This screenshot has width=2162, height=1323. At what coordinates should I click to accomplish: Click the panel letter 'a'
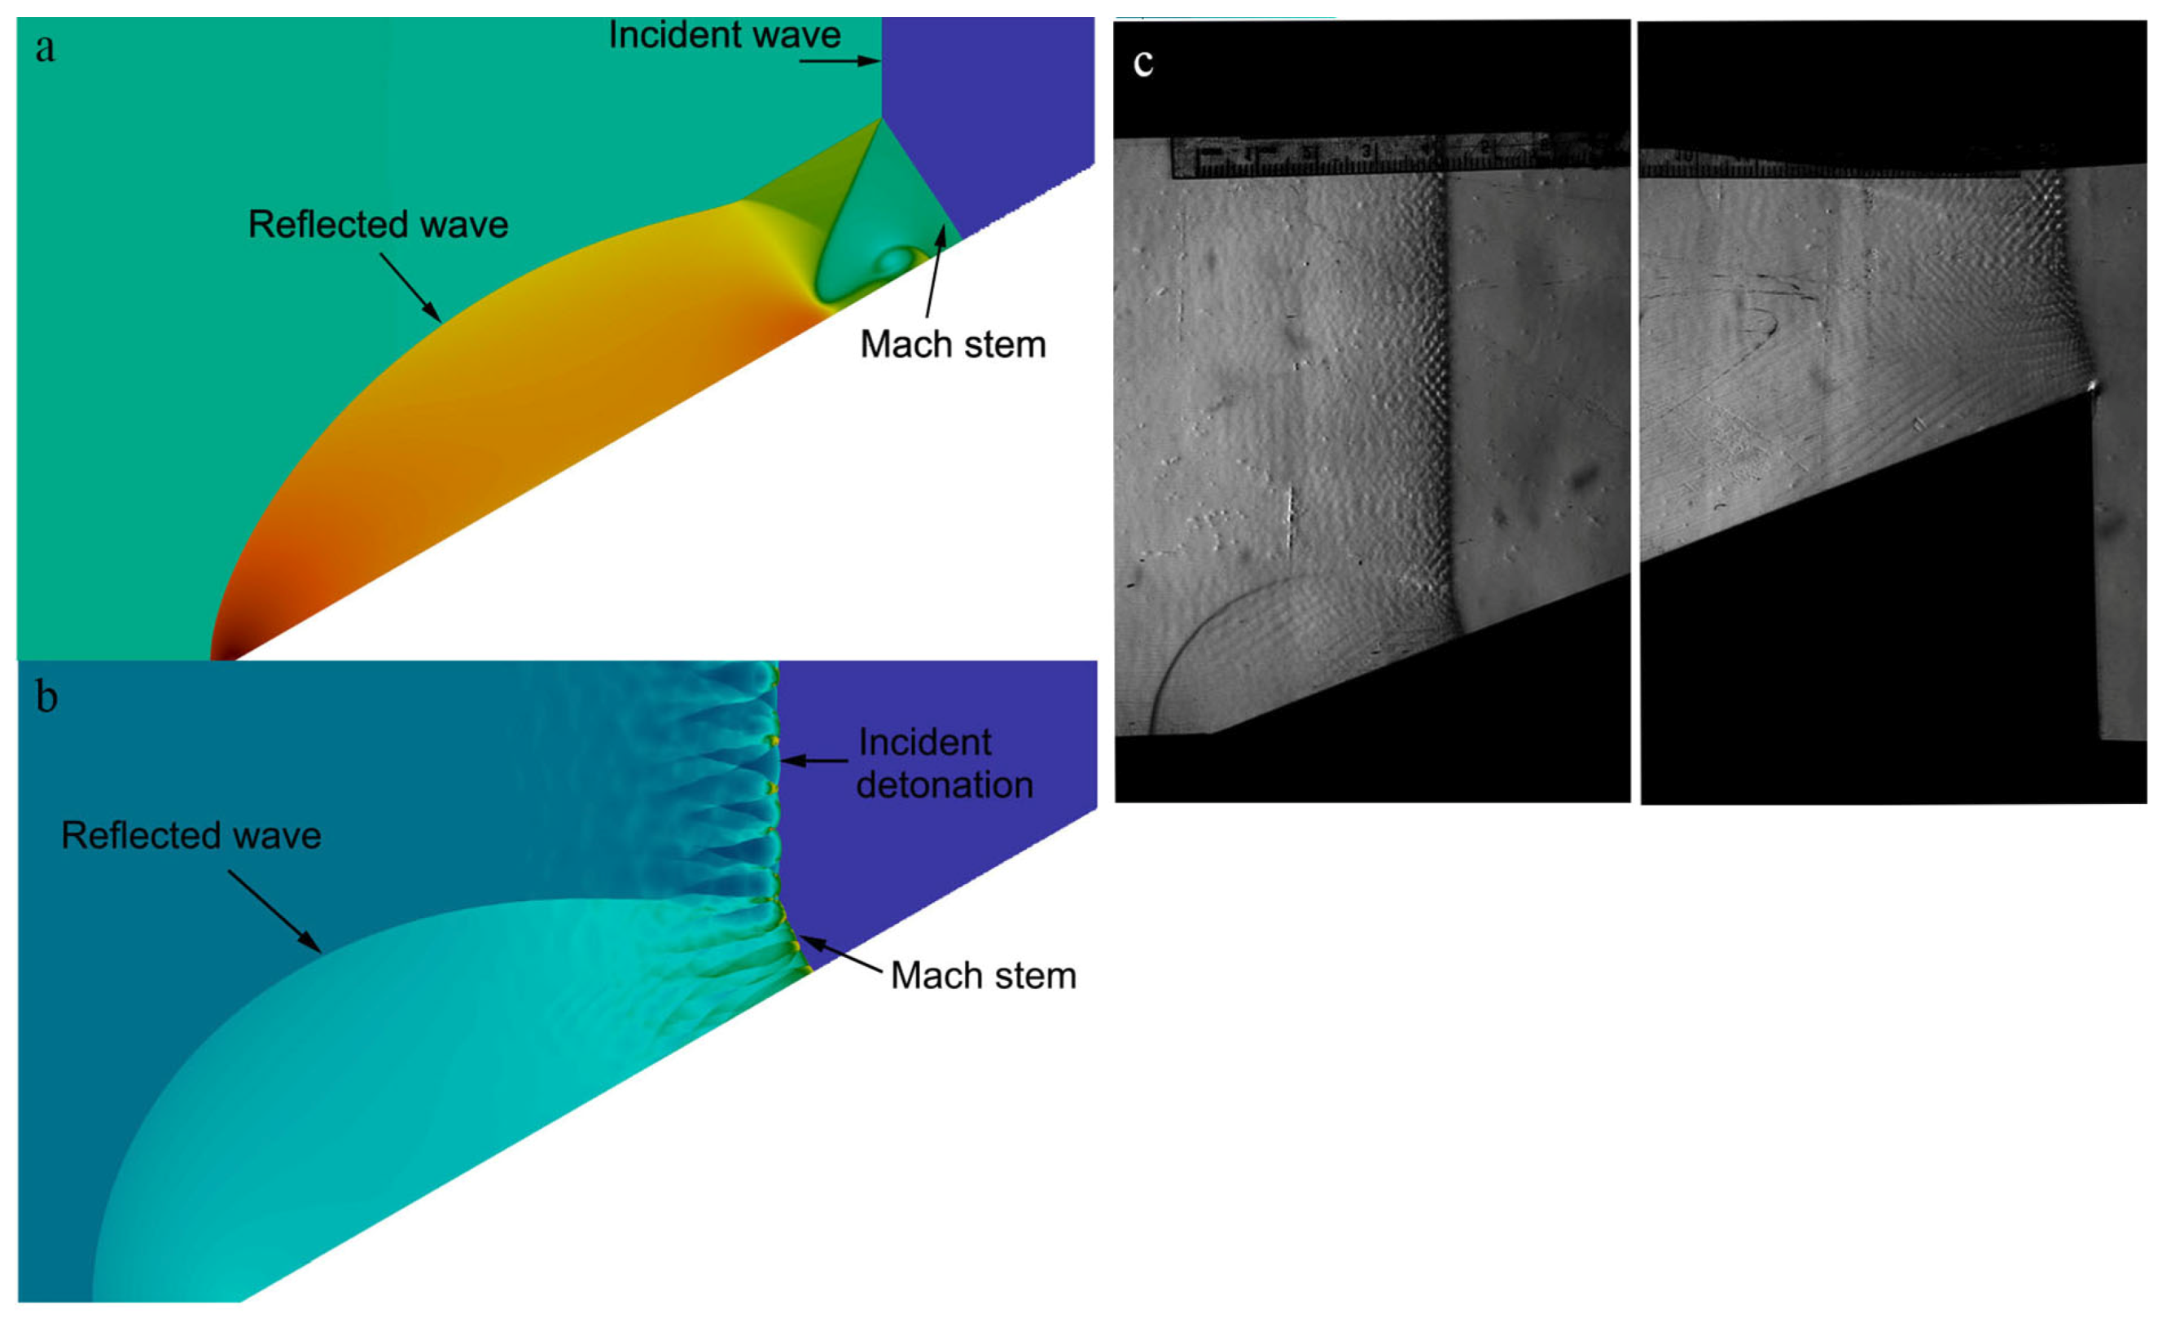(x=45, y=49)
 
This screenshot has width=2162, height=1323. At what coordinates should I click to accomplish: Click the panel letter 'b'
(x=46, y=698)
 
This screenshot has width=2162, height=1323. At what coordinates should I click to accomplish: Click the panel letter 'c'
(x=1142, y=64)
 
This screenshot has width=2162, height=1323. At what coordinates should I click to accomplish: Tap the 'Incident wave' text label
(x=725, y=36)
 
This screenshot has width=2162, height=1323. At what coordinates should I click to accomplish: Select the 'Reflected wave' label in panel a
(x=378, y=225)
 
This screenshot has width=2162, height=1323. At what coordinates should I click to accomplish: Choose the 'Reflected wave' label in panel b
(x=191, y=836)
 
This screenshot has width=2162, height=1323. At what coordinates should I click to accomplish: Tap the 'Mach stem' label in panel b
(x=983, y=976)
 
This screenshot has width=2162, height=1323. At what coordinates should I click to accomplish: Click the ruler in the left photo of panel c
(x=1395, y=156)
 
